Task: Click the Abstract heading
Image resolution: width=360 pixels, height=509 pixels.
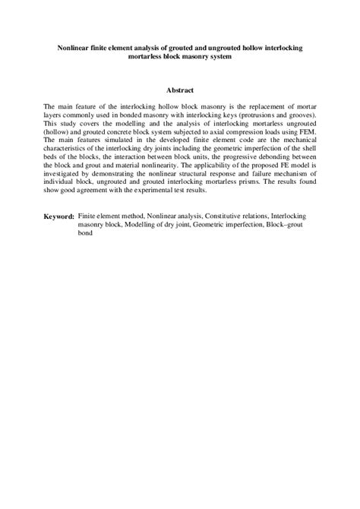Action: point(179,90)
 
